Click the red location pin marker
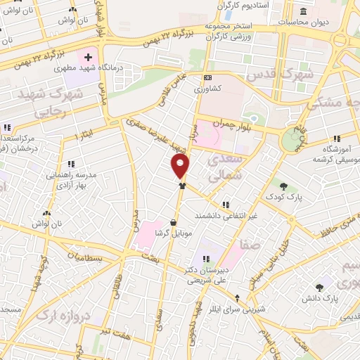click(181, 166)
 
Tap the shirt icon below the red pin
click(182, 186)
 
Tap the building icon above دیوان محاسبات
click(302, 11)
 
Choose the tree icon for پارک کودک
click(283, 186)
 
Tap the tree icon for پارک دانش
click(320, 287)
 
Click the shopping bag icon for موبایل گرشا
click(173, 223)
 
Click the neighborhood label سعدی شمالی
click(228, 167)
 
